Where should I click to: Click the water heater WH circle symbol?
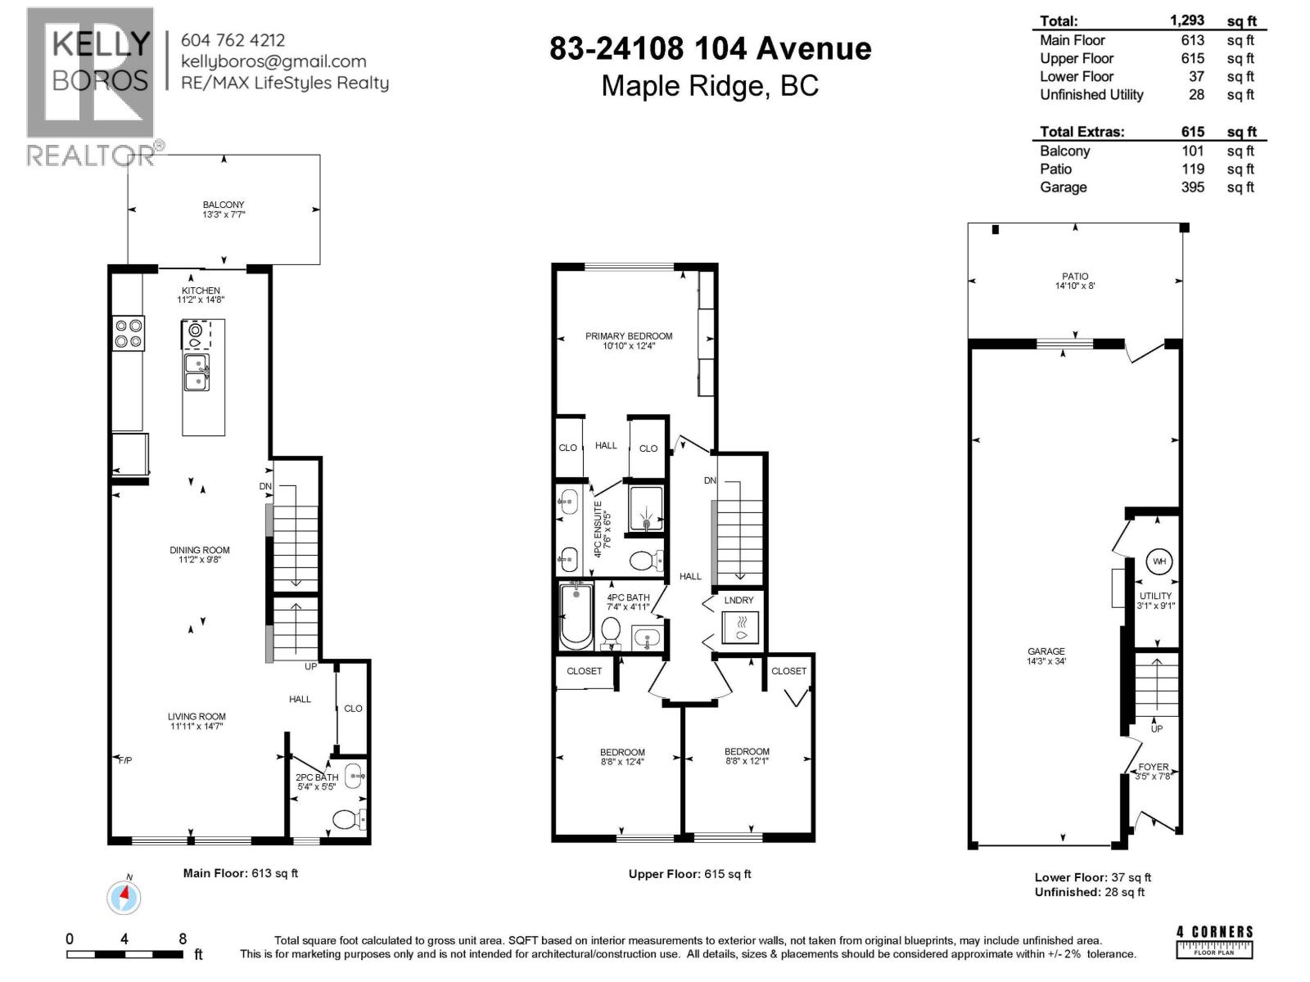[x=1159, y=561]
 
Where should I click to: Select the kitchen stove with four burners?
[x=129, y=333]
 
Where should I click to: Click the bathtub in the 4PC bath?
[x=576, y=615]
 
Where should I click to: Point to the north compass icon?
[x=124, y=897]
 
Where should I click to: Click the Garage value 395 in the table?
[x=1192, y=187]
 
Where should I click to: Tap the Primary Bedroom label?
[x=628, y=336]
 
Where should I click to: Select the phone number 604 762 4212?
[x=233, y=39]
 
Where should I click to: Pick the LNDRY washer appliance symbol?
[x=739, y=628]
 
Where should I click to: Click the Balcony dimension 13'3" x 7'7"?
[x=224, y=214]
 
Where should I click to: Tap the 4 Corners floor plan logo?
[x=1214, y=941]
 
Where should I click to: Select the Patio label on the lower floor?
[x=1075, y=277]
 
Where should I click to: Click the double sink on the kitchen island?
[x=196, y=372]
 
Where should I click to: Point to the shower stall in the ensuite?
[x=646, y=509]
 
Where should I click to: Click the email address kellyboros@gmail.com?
[x=273, y=61]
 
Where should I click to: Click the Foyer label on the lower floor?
[x=1154, y=767]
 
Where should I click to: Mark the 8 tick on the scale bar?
[x=183, y=939]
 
